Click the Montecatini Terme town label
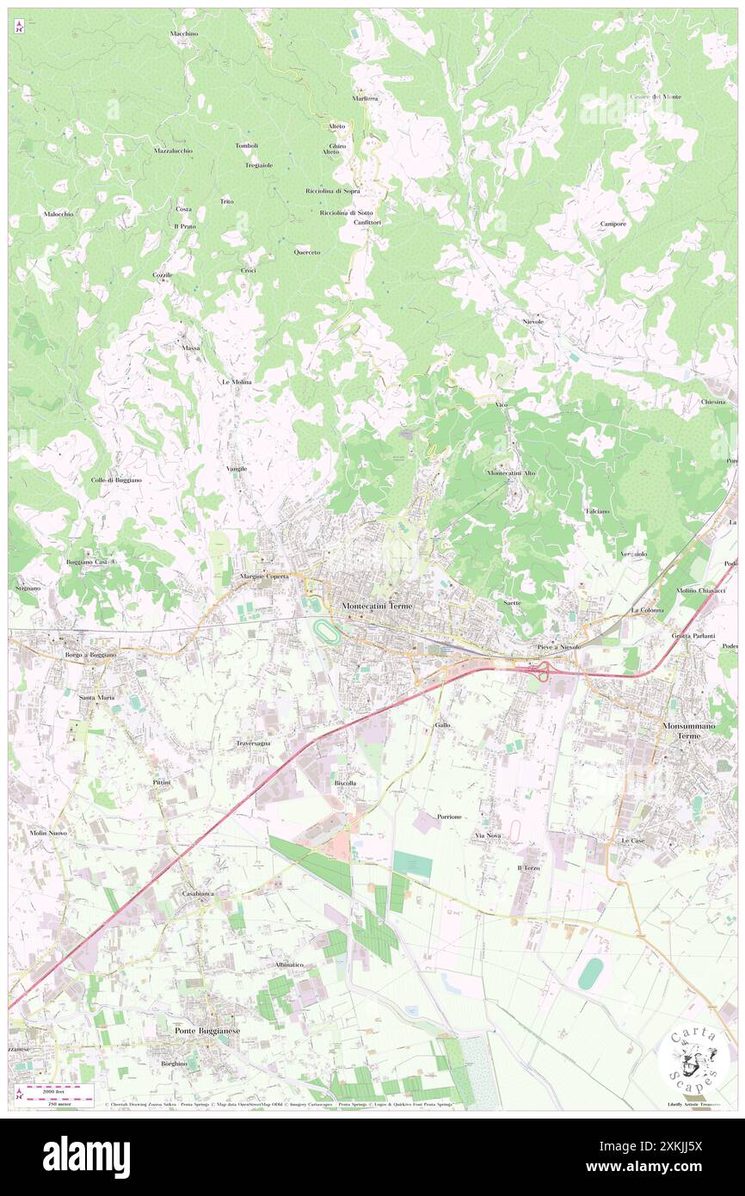click(377, 606)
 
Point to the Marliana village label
click(365, 98)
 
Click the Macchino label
click(184, 34)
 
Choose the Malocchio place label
click(58, 213)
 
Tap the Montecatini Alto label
click(512, 473)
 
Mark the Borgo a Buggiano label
click(90, 655)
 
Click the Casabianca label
click(197, 894)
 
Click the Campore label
click(613, 224)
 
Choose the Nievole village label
click(533, 321)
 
